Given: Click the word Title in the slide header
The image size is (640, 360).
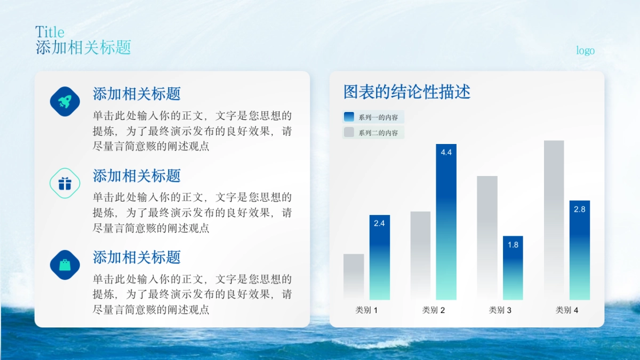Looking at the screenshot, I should click(50, 32).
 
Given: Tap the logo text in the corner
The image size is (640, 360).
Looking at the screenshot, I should click(585, 51).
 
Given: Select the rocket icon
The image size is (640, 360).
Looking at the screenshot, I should click(65, 101).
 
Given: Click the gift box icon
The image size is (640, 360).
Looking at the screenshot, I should click(65, 183).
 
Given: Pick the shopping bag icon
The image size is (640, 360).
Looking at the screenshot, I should click(65, 265).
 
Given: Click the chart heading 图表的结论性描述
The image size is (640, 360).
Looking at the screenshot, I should click(406, 92).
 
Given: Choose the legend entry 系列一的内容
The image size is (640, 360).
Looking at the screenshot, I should click(373, 117).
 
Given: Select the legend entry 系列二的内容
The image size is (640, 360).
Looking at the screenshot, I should click(373, 133).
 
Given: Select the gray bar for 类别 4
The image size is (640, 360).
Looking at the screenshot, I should click(554, 219).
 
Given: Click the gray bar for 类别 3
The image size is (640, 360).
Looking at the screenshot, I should click(487, 237).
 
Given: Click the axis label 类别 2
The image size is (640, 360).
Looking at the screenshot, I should click(433, 310).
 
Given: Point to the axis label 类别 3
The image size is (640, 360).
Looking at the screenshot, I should click(500, 310).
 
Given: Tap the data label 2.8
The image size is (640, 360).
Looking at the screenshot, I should click(579, 210).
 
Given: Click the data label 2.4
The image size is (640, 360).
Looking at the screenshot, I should click(379, 223).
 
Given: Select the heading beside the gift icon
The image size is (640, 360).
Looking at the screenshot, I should click(137, 175).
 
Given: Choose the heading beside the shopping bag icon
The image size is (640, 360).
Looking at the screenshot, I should click(137, 257).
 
